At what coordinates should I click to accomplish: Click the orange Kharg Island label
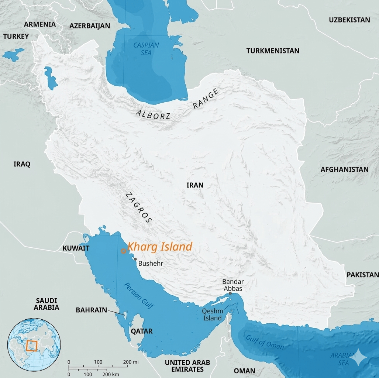tap(160, 247)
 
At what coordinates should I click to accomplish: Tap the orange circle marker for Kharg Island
tap(123, 251)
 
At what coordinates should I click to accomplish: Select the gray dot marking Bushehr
tap(135, 259)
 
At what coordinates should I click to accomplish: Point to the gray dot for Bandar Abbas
tap(230, 293)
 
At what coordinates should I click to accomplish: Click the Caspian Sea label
tap(146, 49)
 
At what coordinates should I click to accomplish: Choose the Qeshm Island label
tap(212, 315)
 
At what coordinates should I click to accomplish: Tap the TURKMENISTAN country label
tap(273, 51)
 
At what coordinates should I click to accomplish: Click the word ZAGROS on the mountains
tap(138, 208)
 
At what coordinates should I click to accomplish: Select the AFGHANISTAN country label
tap(344, 169)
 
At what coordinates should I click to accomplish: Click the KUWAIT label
tap(76, 248)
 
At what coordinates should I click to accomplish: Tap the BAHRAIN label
tap(91, 310)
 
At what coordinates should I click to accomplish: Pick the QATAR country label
tap(141, 331)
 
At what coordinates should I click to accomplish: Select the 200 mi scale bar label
tap(131, 362)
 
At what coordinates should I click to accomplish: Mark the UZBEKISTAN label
tap(349, 20)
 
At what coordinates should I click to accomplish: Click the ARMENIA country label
tap(40, 24)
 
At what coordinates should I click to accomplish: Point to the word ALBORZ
tap(153, 115)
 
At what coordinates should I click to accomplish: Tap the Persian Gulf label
tap(139, 296)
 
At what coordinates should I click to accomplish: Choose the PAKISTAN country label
tap(362, 275)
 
